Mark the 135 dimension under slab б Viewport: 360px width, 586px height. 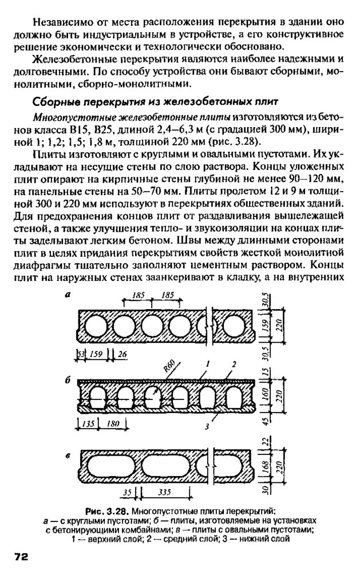pyautogui.click(x=86, y=424)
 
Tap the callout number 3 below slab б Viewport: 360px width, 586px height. pyautogui.click(x=207, y=426)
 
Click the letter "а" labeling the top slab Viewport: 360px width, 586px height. pyautogui.click(x=68, y=295)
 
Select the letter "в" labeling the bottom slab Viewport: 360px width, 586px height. pyautogui.click(x=68, y=456)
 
